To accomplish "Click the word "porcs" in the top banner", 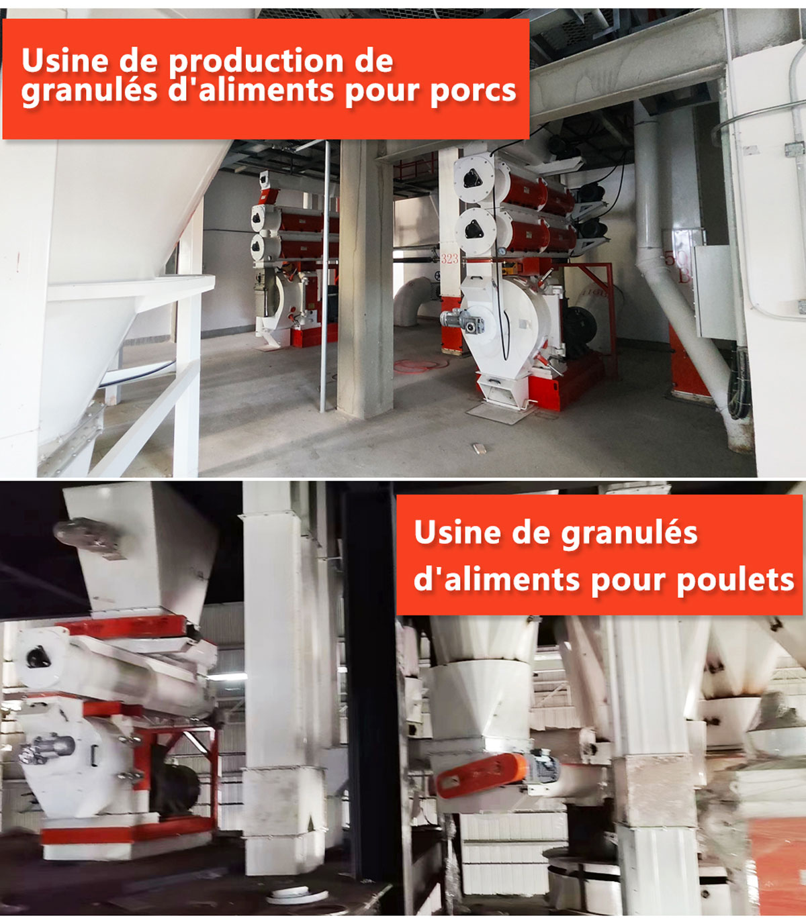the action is [x=473, y=92].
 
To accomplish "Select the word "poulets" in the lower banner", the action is [x=735, y=580].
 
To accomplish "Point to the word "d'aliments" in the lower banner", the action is [x=496, y=580].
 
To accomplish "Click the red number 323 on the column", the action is [x=449, y=259].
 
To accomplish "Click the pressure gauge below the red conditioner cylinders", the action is [x=502, y=252].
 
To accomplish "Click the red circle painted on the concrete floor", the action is [x=420, y=365].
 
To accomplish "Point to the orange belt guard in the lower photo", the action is [x=481, y=775].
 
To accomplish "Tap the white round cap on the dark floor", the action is [x=298, y=895].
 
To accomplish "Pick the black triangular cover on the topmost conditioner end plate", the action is [x=473, y=178].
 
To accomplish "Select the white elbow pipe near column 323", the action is [x=412, y=301].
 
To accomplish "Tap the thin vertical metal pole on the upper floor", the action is [x=325, y=276].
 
